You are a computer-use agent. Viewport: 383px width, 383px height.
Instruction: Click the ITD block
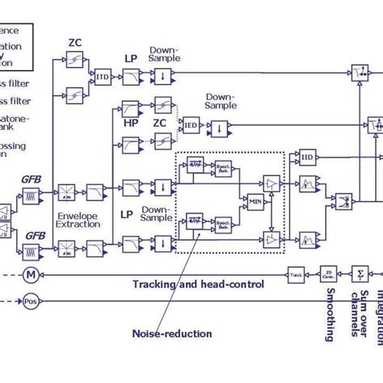tap(103, 77)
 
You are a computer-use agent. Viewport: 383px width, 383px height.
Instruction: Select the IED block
tap(191, 126)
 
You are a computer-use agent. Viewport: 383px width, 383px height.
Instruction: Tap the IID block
tap(307, 156)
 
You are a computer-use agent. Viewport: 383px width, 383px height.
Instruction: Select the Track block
tap(296, 276)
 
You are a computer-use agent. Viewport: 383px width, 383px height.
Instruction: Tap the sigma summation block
tap(360, 275)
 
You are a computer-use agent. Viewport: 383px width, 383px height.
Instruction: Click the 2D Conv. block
tap(328, 275)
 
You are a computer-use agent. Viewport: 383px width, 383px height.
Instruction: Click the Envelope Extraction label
tap(78, 219)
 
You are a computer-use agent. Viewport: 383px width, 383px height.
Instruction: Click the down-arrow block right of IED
tap(218, 127)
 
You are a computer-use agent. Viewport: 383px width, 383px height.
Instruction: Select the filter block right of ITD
tap(132, 77)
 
